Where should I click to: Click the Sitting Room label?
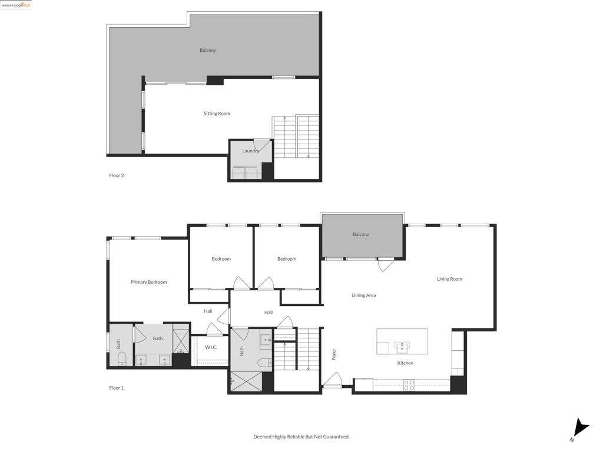(217, 114)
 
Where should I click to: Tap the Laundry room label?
(250, 151)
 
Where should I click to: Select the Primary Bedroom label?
(148, 282)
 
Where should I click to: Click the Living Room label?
(449, 279)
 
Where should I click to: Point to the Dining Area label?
(363, 295)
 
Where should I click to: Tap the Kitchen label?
(405, 363)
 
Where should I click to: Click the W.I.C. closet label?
(211, 347)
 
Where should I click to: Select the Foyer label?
(334, 354)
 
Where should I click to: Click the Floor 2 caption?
(117, 175)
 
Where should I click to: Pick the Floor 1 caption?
(117, 388)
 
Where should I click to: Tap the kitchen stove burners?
(409, 385)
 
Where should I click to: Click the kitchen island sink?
(402, 346)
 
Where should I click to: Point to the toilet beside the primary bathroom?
(122, 358)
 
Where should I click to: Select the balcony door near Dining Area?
(386, 265)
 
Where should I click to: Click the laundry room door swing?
(260, 145)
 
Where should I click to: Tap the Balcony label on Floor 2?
(208, 50)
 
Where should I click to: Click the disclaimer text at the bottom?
(301, 437)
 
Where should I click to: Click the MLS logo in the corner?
(16, 5)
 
